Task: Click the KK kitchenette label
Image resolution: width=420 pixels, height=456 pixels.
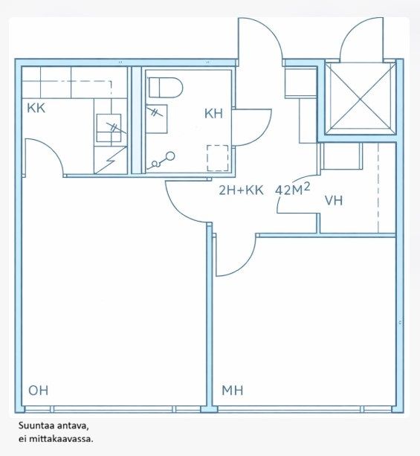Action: click(36, 108)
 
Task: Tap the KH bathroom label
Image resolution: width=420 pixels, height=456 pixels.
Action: click(213, 113)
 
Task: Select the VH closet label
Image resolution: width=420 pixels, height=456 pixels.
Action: click(334, 201)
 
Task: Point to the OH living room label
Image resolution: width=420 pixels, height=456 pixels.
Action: click(39, 391)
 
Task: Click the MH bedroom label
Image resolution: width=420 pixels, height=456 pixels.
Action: click(232, 391)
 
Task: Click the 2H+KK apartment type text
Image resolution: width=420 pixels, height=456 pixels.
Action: click(241, 190)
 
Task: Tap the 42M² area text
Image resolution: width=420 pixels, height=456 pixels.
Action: click(292, 190)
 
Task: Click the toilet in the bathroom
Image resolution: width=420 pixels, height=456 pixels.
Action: click(166, 87)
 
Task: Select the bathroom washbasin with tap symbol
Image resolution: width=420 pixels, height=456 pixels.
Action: click(156, 119)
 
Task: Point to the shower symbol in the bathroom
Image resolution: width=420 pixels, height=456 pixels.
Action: click(161, 161)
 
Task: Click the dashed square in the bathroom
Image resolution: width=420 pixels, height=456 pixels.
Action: click(217, 158)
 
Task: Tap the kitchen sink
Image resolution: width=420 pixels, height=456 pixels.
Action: click(109, 128)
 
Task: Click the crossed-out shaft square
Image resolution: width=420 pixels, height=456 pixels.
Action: click(361, 99)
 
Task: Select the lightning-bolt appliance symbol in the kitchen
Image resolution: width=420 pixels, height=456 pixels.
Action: click(111, 160)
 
